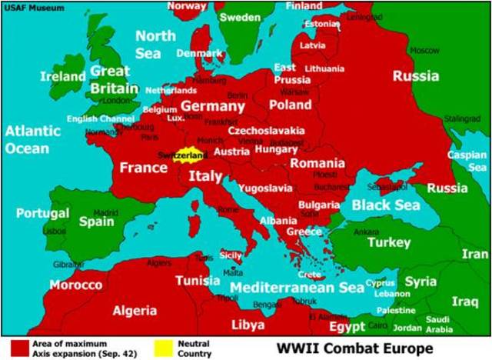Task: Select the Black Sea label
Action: [x=386, y=205]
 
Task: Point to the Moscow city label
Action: [x=424, y=51]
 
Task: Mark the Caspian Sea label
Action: [x=467, y=161]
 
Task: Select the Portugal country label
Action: [x=42, y=213]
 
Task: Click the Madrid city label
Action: [x=105, y=213]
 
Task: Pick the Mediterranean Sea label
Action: [x=297, y=288]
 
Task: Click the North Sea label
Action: [x=155, y=45]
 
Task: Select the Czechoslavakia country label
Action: [x=266, y=131]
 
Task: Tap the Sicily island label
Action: [x=231, y=255]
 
